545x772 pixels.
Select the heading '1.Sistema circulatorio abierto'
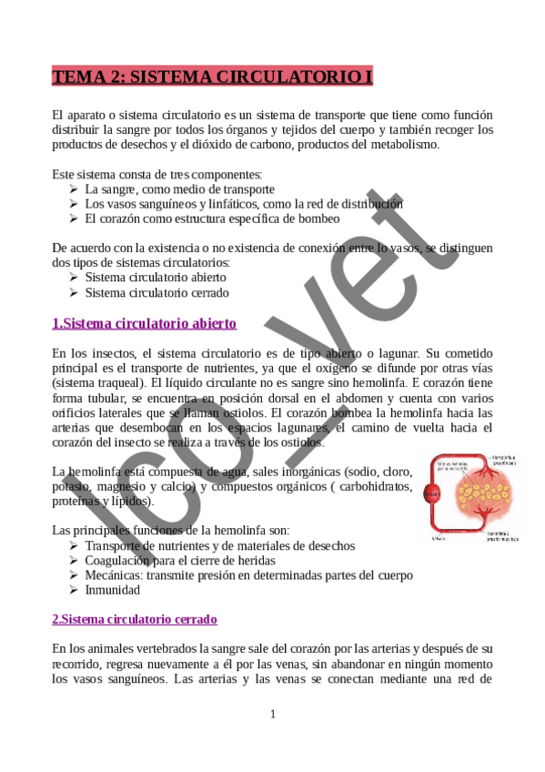(144, 323)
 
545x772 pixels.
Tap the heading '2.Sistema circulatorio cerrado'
(134, 619)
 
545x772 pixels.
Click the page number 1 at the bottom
(272, 714)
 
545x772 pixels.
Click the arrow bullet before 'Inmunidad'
(74, 590)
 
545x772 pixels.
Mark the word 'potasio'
(73, 486)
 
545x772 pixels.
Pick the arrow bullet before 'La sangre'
(74, 189)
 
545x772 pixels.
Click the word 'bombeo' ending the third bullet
(318, 218)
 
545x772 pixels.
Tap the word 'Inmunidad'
(113, 590)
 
